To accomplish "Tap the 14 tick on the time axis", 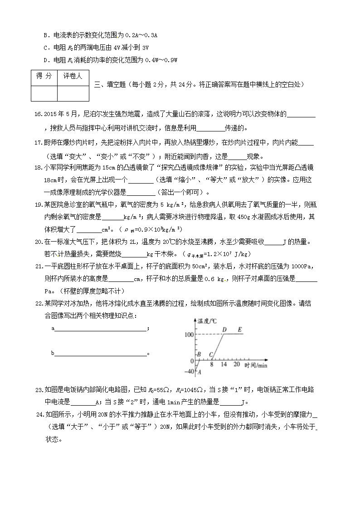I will pos(224,364).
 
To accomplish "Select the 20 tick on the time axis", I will pos(236,364).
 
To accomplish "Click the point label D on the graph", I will pos(224,329).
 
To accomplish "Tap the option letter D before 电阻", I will pos(45,60).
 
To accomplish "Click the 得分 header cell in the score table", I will pos(44,76).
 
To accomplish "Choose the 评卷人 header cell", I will pos(73,76).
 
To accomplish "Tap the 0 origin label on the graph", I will pos(192,361).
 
